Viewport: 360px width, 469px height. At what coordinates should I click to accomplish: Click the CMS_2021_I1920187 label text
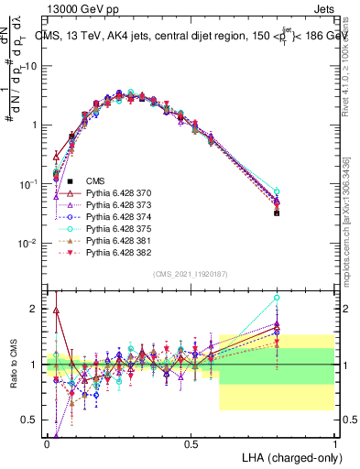(x=190, y=273)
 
